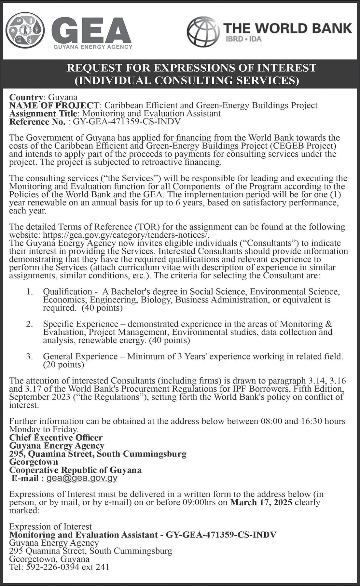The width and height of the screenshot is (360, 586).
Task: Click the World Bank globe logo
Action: pyautogui.click(x=203, y=32)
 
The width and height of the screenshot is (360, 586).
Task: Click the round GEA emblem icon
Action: pyautogui.click(x=25, y=30)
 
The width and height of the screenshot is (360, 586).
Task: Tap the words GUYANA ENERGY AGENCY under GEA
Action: pyautogui.click(x=93, y=47)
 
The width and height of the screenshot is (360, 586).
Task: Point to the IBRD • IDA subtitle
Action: pyautogui.click(x=243, y=39)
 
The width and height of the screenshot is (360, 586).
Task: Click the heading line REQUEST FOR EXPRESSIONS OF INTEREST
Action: pyautogui.click(x=191, y=68)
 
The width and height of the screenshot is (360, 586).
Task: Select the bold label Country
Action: pyautogui.click(x=26, y=97)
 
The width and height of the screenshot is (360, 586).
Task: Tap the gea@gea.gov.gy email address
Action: pyautogui.click(x=82, y=478)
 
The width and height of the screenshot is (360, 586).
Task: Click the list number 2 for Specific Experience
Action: pyautogui.click(x=30, y=324)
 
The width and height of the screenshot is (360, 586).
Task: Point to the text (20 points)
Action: pyautogui.click(x=63, y=365)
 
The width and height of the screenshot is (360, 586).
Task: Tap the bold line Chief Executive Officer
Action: pyautogui.click(x=56, y=438)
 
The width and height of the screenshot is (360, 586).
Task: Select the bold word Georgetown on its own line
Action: pyautogui.click(x=34, y=462)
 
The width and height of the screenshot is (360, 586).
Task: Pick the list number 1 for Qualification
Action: pyautogui.click(x=30, y=291)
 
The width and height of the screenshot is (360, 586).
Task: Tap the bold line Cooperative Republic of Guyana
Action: pyautogui.click(x=76, y=470)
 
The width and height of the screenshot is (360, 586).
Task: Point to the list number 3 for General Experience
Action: pyautogui.click(x=30, y=356)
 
